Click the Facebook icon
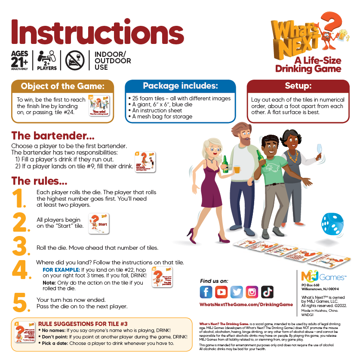(206, 292)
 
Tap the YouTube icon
(221, 292)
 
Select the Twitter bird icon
(237, 292)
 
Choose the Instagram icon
(252, 292)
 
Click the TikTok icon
(267, 292)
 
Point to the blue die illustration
(332, 223)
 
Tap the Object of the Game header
(63, 86)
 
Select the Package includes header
(180, 86)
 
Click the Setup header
(301, 86)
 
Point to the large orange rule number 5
(20, 303)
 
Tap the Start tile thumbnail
(98, 224)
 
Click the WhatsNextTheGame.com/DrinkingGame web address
(246, 304)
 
